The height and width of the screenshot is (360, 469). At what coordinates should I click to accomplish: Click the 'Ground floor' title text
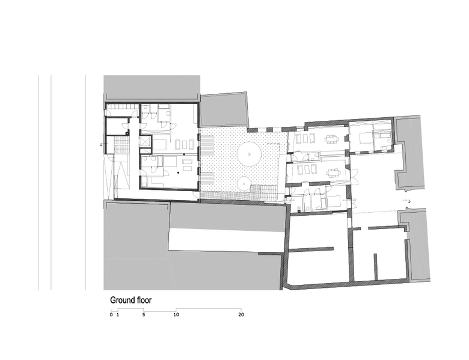[x=130, y=300]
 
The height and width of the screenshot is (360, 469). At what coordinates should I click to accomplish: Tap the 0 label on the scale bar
[x=111, y=314]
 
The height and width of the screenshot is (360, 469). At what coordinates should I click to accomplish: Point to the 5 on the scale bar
[x=144, y=314]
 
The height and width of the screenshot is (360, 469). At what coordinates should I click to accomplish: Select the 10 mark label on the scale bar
[x=176, y=314]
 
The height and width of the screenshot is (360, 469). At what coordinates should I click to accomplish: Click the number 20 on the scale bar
[x=241, y=314]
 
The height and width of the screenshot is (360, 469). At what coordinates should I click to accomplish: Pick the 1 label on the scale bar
[x=118, y=314]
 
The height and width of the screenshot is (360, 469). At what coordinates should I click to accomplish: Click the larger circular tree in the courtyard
[x=250, y=154]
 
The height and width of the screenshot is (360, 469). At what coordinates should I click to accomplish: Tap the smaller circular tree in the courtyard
[x=244, y=183]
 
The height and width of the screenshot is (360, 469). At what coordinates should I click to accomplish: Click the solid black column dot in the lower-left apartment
[x=178, y=172]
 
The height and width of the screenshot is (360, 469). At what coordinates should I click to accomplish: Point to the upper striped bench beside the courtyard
[x=207, y=145]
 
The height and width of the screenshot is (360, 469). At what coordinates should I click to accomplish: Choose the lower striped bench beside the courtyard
[x=207, y=182]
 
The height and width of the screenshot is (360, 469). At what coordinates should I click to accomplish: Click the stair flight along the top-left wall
[x=123, y=106]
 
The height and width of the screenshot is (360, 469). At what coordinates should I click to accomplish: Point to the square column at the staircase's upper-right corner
[x=127, y=133]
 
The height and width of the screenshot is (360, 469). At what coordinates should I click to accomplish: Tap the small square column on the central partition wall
[x=184, y=154]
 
